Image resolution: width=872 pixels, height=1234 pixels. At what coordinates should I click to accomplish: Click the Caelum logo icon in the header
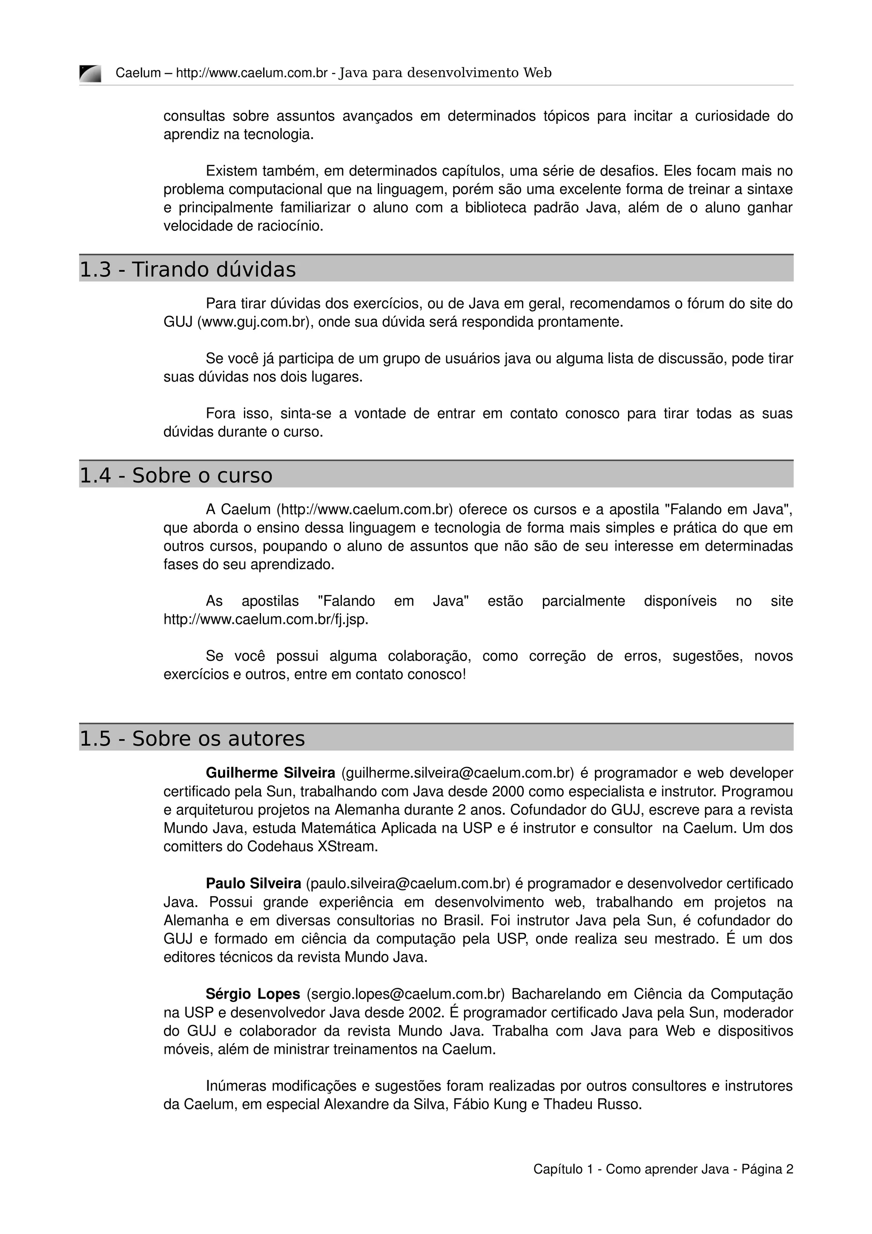click(x=90, y=73)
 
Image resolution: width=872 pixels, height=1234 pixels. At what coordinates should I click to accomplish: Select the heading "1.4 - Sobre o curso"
click(x=176, y=475)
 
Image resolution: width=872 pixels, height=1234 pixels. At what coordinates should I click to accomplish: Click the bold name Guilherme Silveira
click(x=270, y=773)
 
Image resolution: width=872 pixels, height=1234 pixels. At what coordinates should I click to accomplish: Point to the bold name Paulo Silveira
click(x=253, y=884)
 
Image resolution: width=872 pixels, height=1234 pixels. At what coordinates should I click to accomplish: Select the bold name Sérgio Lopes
click(x=252, y=994)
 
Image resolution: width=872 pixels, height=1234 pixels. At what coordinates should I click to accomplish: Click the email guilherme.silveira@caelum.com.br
click(x=457, y=773)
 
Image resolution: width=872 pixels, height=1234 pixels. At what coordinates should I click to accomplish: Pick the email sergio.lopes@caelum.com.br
click(x=406, y=994)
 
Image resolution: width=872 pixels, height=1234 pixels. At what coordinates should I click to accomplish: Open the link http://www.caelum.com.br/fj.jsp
click(x=266, y=619)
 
